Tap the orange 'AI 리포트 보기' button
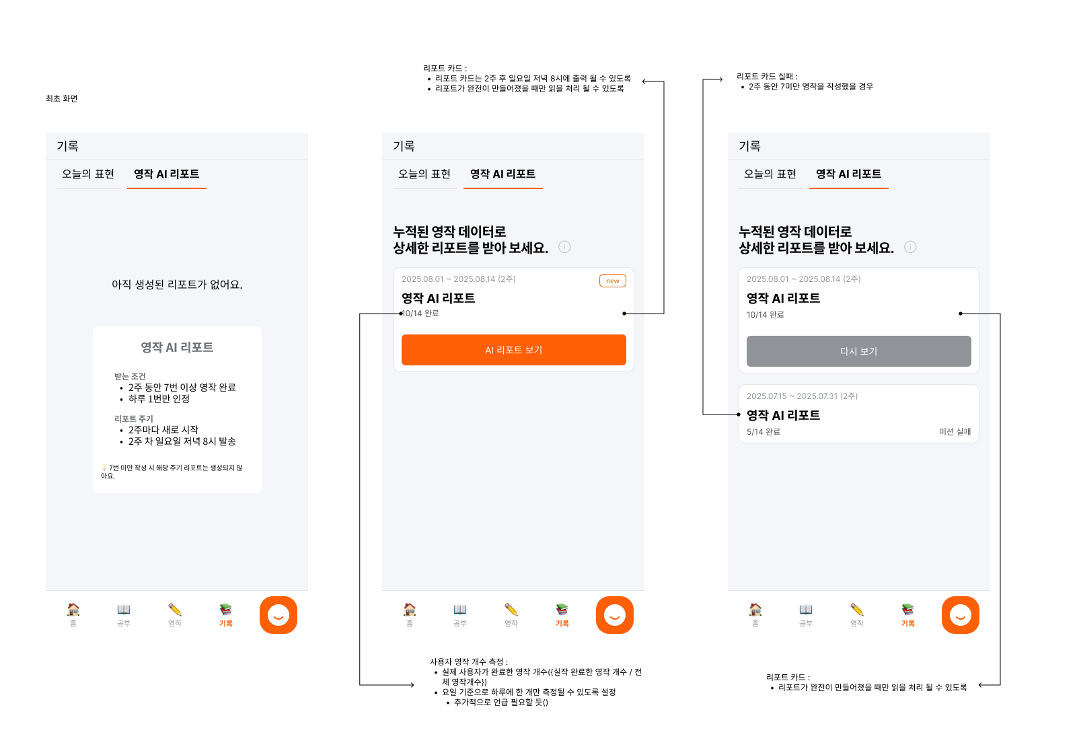pyautogui.click(x=513, y=350)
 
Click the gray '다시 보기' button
pyautogui.click(x=858, y=351)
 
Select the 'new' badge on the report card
pyautogui.click(x=612, y=281)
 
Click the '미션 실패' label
pyautogui.click(x=955, y=432)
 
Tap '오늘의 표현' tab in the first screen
pyautogui.click(x=88, y=174)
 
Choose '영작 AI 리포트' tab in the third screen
pyautogui.click(x=848, y=174)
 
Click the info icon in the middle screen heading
pyautogui.click(x=564, y=247)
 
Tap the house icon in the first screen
pyautogui.click(x=73, y=610)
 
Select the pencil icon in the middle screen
pyautogui.click(x=511, y=610)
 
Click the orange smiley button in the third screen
pyautogui.click(x=960, y=615)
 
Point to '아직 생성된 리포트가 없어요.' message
pyautogui.click(x=177, y=285)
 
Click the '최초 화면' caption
pyautogui.click(x=62, y=99)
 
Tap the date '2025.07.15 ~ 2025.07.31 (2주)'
pyautogui.click(x=802, y=396)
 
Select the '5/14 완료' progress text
pyautogui.click(x=764, y=432)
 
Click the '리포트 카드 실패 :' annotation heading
pyautogui.click(x=767, y=77)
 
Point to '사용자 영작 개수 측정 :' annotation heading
pyautogui.click(x=469, y=662)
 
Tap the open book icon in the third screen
pyautogui.click(x=806, y=610)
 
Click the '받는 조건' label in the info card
pyautogui.click(x=130, y=377)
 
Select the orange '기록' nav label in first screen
pyautogui.click(x=226, y=624)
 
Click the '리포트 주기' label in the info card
pyautogui.click(x=134, y=419)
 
